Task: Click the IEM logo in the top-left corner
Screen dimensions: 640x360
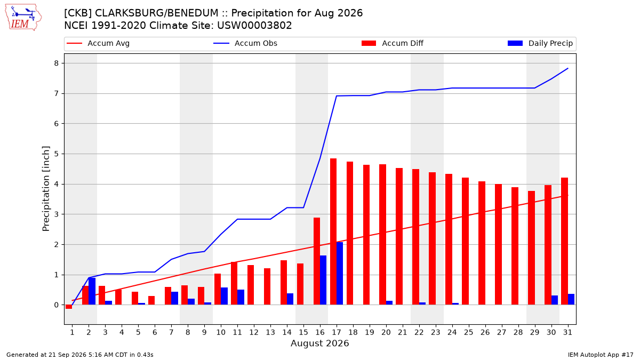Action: tap(23, 18)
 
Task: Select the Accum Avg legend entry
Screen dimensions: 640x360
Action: tap(98, 43)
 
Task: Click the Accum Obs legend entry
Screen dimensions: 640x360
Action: tap(245, 43)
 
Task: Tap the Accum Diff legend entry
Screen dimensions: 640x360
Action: tap(393, 43)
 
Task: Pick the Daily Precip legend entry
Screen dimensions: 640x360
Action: tap(540, 43)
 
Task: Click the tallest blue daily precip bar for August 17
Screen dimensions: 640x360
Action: tap(340, 274)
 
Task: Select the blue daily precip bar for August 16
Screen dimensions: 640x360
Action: tap(323, 280)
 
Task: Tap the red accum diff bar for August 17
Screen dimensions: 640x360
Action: tap(333, 231)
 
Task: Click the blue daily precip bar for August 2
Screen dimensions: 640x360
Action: tap(92, 291)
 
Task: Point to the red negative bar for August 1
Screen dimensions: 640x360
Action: tap(69, 307)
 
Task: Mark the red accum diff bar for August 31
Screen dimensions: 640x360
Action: tap(565, 241)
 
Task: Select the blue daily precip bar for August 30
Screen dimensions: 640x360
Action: tap(555, 300)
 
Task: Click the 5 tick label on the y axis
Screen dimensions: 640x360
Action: tap(57, 154)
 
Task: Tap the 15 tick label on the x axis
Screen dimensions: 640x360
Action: tap(303, 332)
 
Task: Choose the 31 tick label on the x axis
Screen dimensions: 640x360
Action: tap(567, 332)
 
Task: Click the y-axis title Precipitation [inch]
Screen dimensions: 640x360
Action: tap(46, 189)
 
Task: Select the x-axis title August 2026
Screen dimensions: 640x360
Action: tap(319, 343)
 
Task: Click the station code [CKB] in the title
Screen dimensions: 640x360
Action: tap(78, 13)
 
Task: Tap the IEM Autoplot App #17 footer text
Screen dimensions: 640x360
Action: tap(601, 355)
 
